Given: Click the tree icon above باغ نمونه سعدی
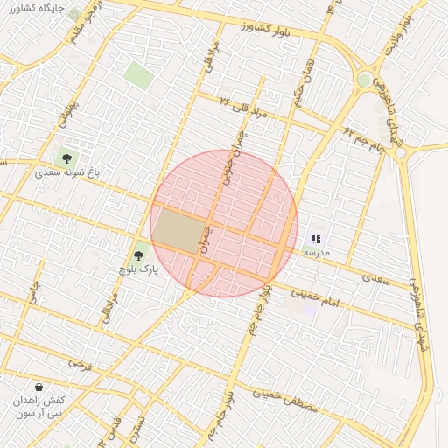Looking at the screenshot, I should pos(66,158).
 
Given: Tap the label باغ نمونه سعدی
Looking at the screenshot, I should pos(67,172).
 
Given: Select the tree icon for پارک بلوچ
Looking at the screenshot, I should pos(138,256).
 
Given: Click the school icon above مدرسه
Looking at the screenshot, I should pos(317,238).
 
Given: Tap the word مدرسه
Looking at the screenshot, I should pos(316,252).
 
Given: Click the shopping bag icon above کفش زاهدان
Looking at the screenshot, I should pos(39,386).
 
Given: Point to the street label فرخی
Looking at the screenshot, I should pos(80,361).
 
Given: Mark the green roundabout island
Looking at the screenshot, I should pos(364,80).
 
